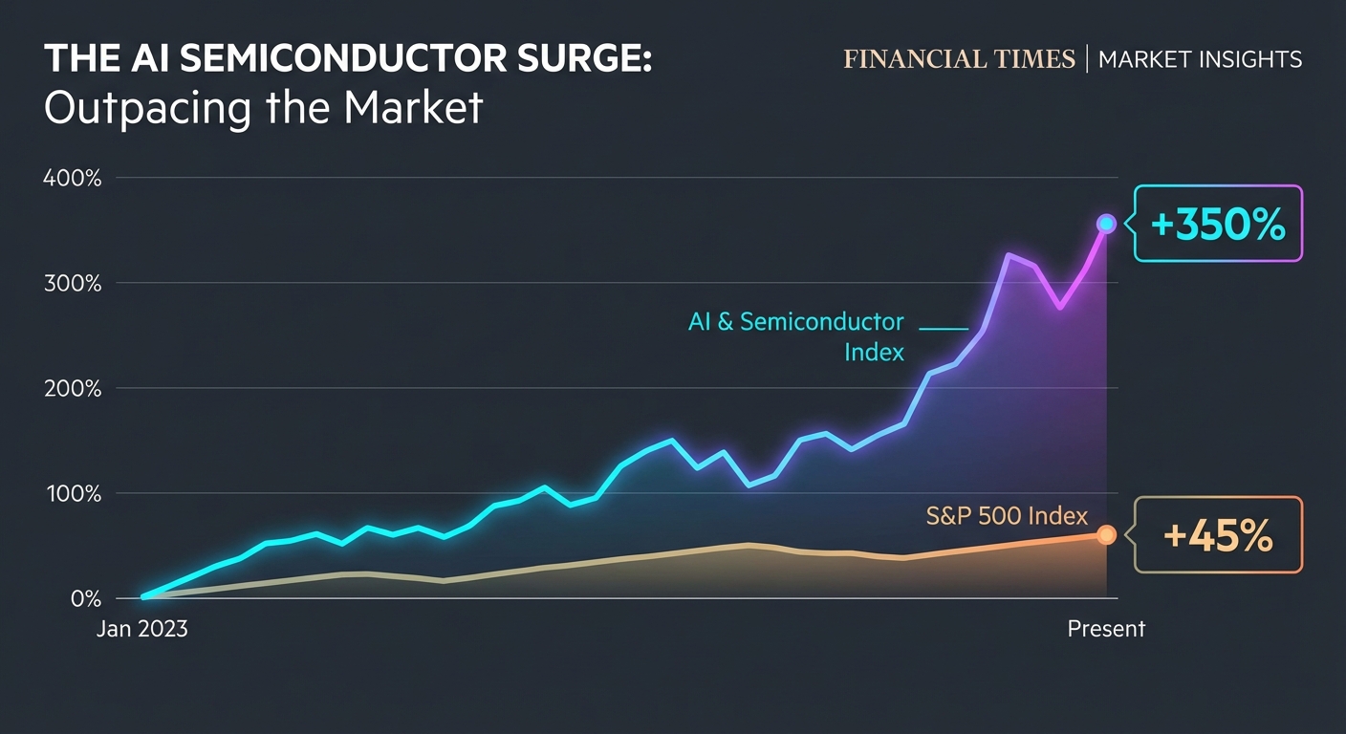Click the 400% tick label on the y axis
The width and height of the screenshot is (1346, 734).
(x=73, y=178)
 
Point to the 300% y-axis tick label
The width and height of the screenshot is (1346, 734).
(x=73, y=283)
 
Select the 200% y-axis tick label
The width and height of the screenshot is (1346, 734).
(x=73, y=388)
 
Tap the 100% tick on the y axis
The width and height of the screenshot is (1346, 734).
(x=73, y=493)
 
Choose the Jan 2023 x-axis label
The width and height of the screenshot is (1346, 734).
(x=142, y=629)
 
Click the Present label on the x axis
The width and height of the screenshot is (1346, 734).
(x=1106, y=629)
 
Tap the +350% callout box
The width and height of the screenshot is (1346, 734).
(x=1218, y=224)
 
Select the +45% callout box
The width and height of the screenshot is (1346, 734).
(x=1218, y=535)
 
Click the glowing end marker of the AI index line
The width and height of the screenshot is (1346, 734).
(x=1106, y=224)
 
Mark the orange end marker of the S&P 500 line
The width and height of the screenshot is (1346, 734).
(x=1106, y=535)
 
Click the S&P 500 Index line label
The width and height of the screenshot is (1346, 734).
(x=1007, y=516)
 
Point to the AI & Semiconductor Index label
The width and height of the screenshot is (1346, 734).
(x=795, y=336)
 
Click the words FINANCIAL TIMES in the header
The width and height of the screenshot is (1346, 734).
(x=959, y=59)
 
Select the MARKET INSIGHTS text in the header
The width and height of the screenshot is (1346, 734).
(x=1200, y=59)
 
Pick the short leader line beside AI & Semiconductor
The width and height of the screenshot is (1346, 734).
(x=944, y=328)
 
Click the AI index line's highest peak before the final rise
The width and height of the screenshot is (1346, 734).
(x=1008, y=255)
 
